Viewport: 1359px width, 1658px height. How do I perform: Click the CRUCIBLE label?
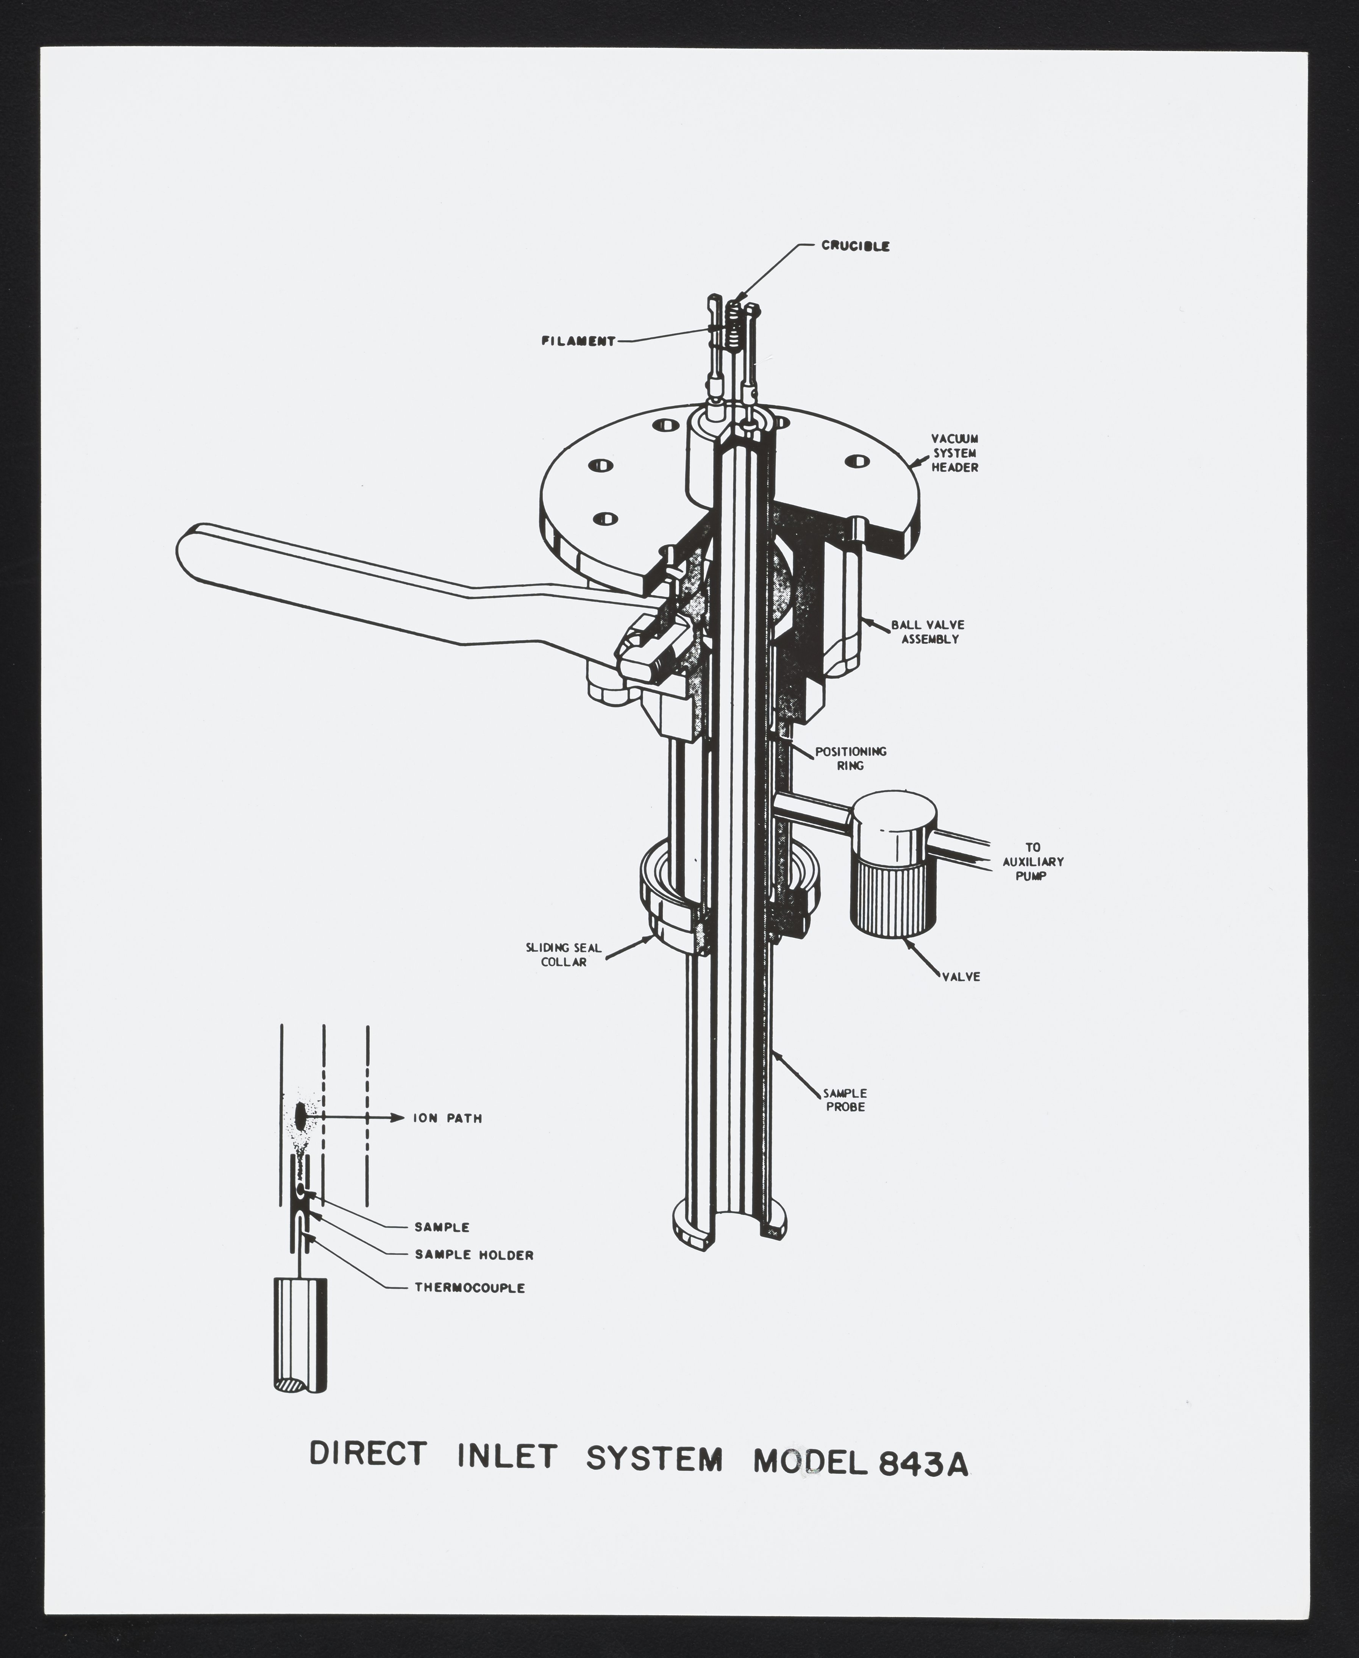(855, 246)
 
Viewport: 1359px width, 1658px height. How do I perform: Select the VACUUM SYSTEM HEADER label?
(954, 453)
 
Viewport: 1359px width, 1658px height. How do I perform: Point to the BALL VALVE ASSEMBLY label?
(928, 632)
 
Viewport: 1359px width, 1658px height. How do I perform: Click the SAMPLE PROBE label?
(845, 1100)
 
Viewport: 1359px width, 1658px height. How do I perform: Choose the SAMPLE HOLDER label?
(473, 1255)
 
